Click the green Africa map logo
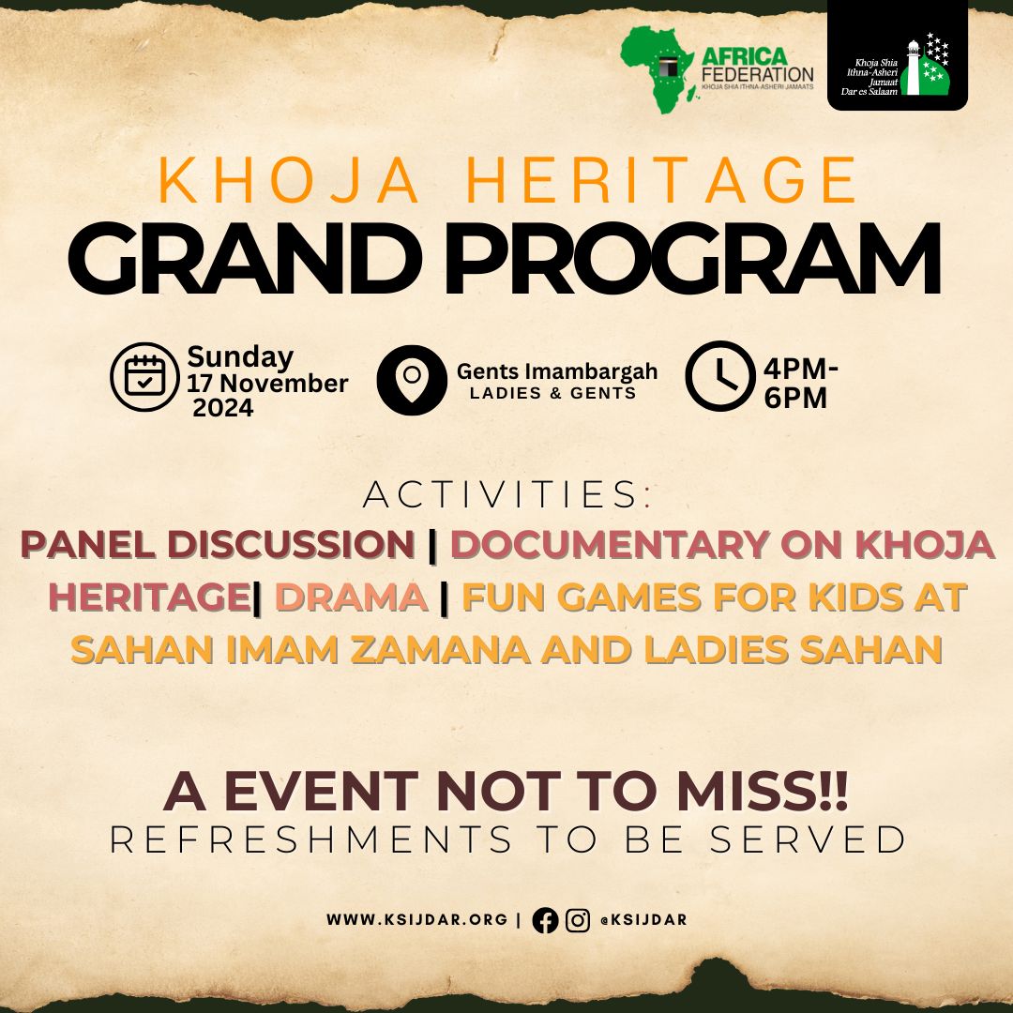tap(657, 69)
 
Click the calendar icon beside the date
tap(144, 376)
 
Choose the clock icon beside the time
tap(719, 377)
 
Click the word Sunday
tap(240, 357)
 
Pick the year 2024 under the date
tap(223, 408)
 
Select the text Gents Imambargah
tap(557, 371)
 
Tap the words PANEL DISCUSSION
tap(219, 546)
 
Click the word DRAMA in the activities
tap(352, 597)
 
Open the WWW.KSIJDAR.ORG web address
tap(417, 920)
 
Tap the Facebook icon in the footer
tap(545, 921)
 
